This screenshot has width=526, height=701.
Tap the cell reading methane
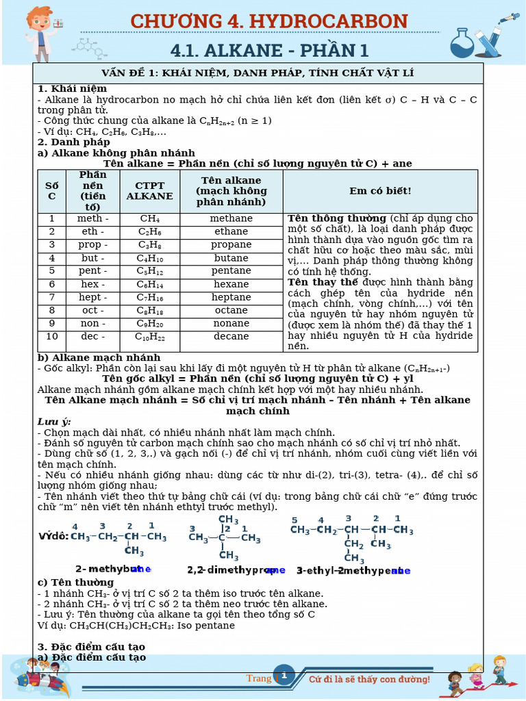click(x=231, y=218)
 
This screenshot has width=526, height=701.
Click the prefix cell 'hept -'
click(x=92, y=297)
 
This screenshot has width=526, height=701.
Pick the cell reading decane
click(x=231, y=336)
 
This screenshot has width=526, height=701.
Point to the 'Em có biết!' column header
click(x=380, y=191)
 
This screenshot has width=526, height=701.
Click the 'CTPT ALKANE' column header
click(x=149, y=191)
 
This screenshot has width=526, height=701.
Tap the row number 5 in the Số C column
click(x=51, y=271)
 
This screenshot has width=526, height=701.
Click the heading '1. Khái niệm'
click(x=72, y=89)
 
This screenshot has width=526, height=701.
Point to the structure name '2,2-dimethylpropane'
click(x=236, y=570)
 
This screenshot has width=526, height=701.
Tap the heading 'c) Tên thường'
click(x=75, y=583)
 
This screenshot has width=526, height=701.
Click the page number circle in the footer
click(x=284, y=676)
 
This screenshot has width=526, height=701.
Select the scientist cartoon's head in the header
click(x=39, y=19)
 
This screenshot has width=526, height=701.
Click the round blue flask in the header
click(x=462, y=45)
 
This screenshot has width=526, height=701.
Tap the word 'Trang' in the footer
click(x=259, y=678)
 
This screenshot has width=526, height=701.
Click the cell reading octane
click(x=231, y=310)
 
